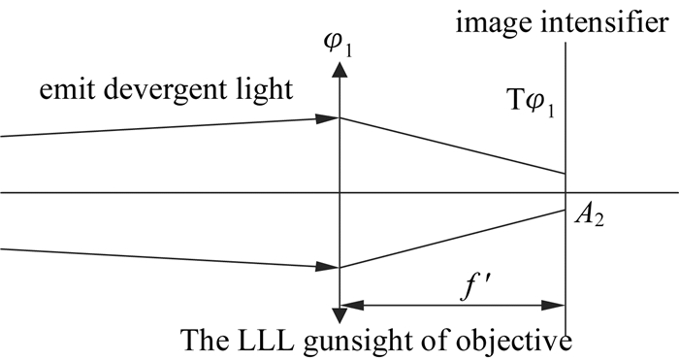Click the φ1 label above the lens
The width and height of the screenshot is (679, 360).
339,45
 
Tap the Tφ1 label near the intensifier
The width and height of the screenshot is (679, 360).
530,104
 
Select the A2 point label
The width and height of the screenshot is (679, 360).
589,215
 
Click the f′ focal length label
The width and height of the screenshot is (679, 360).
475,287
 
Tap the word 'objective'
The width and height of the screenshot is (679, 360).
517,342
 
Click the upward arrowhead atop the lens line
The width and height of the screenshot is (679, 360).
339,70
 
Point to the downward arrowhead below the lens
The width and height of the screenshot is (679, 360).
339,315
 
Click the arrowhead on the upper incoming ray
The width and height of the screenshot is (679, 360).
328,118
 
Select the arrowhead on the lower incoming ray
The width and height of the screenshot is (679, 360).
328,267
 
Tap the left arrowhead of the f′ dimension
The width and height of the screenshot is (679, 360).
352,306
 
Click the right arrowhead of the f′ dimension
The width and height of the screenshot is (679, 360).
554,306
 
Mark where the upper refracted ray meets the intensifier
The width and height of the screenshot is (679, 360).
566,174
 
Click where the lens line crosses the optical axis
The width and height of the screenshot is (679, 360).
339,192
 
